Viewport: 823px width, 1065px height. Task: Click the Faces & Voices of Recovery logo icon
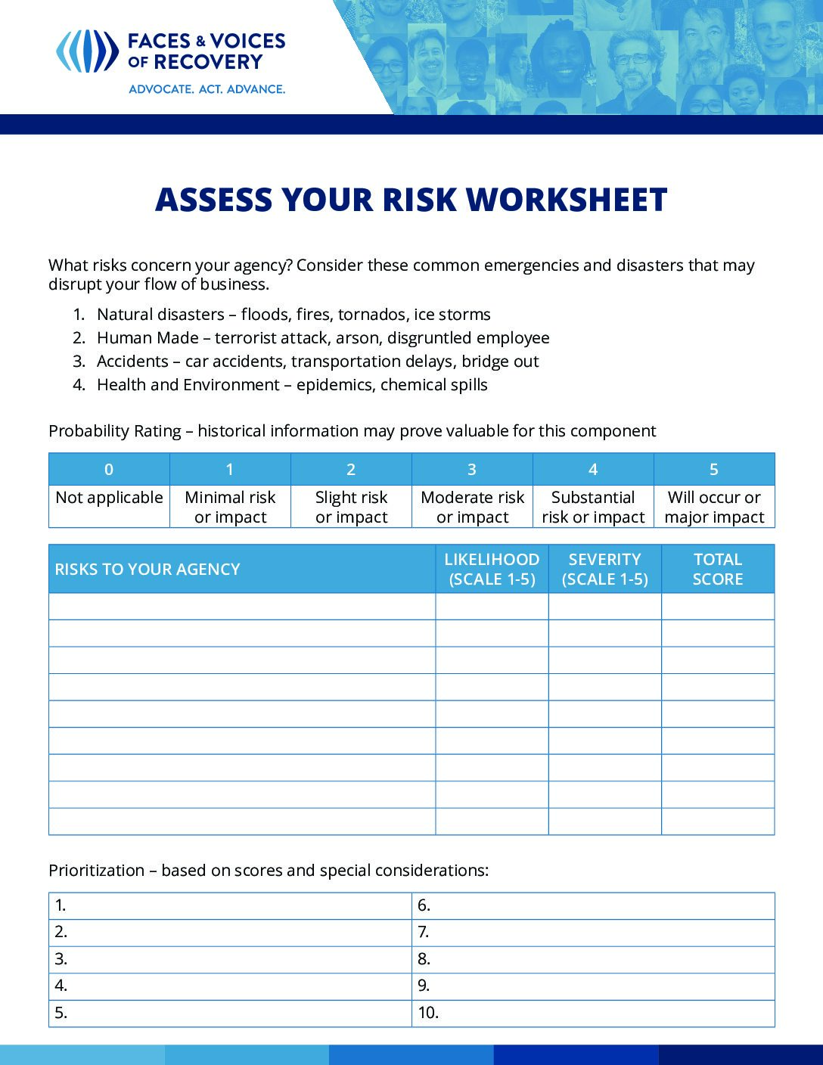click(x=87, y=51)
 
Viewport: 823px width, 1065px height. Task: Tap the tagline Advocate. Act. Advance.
click(x=207, y=89)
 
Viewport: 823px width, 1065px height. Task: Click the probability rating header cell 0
click(x=109, y=470)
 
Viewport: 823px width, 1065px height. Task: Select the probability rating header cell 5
click(x=714, y=470)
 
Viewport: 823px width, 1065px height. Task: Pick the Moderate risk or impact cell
click(x=472, y=507)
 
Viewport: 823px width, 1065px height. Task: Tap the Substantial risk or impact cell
click(x=593, y=507)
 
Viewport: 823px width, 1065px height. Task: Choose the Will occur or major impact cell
click(x=714, y=507)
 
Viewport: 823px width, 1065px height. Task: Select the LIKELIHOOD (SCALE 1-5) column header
click(x=492, y=570)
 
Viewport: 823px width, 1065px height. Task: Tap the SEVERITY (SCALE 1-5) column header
click(x=604, y=570)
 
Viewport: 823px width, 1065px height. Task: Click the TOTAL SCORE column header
click(x=718, y=570)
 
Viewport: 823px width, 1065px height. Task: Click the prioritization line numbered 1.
click(x=230, y=905)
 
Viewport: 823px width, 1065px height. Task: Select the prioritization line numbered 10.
click(x=593, y=1013)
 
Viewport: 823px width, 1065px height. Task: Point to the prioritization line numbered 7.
click(x=593, y=932)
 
